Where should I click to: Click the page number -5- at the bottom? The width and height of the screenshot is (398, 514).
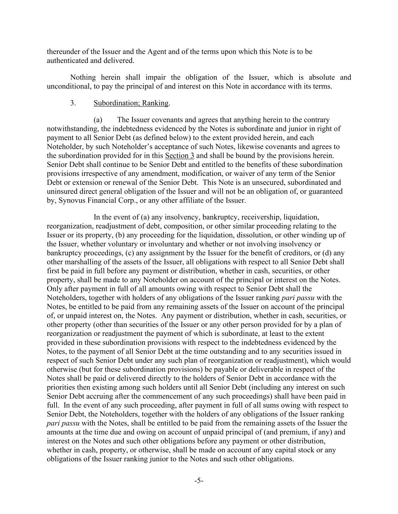click(x=199, y=480)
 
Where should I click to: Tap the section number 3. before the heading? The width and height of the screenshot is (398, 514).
click(x=73, y=103)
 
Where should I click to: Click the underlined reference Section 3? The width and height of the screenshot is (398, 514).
click(x=180, y=156)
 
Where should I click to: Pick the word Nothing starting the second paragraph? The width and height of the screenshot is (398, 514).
click(x=83, y=78)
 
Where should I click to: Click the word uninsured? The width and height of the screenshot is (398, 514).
click(x=62, y=191)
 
